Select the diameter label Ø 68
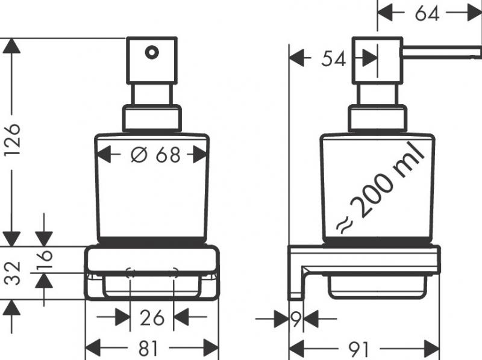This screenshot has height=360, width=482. pos(155,155)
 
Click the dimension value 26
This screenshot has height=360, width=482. pos(152,317)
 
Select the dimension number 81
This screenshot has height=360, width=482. pos(151,347)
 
